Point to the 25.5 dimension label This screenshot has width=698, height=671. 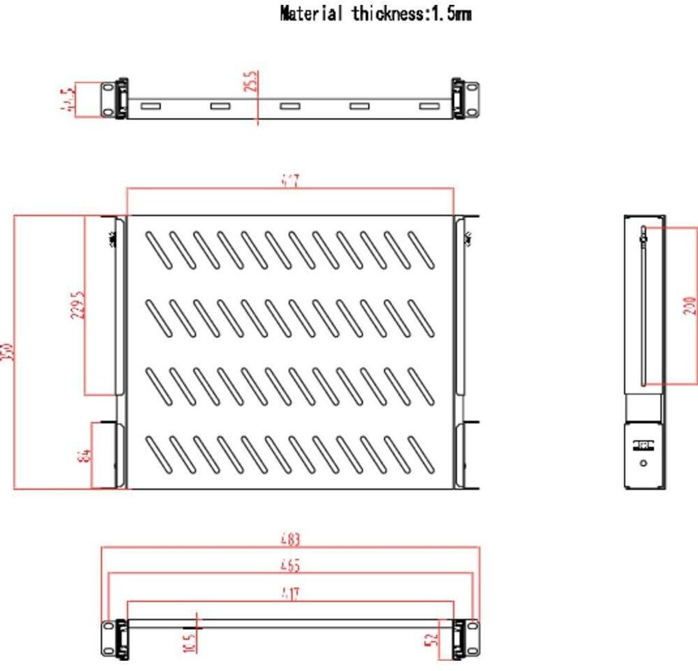point(252,81)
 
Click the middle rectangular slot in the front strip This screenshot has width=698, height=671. point(290,106)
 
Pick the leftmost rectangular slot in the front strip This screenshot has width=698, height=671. point(150,106)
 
